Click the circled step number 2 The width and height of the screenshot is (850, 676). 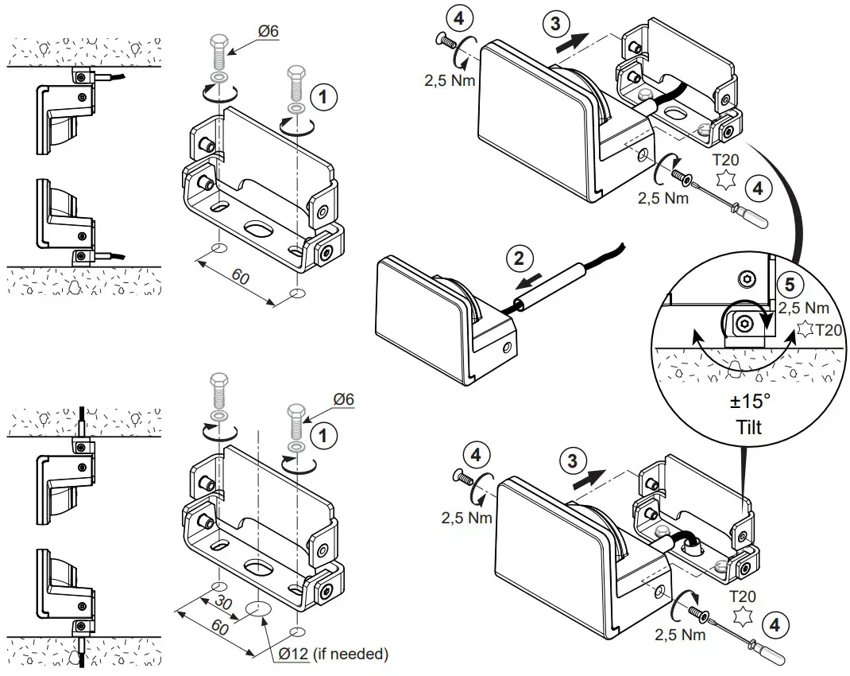[x=518, y=258]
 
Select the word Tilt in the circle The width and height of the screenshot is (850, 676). [x=748, y=427]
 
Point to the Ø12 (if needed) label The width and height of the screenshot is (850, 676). [x=333, y=654]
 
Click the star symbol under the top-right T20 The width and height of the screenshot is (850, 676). [x=724, y=180]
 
